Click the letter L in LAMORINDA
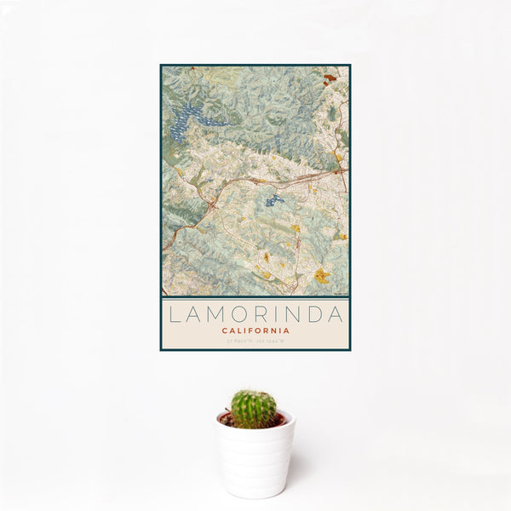tap(174, 315)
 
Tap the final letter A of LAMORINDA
tap(336, 315)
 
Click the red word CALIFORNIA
tap(255, 330)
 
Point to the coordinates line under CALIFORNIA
tap(255, 342)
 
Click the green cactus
tap(254, 409)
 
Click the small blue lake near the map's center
tap(273, 201)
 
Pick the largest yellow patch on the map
tap(322, 275)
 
